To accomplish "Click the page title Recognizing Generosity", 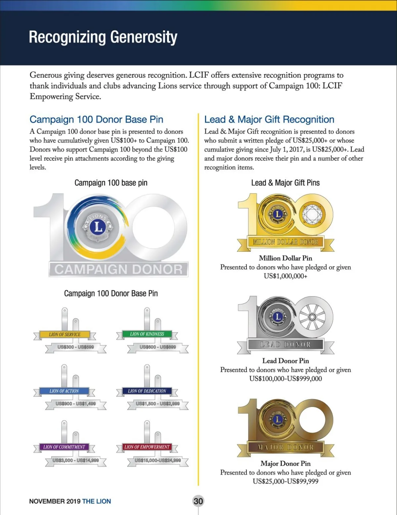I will pyautogui.click(x=103, y=37).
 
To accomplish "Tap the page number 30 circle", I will pyautogui.click(x=198, y=501).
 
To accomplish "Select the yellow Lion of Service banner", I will pyautogui.click(x=65, y=334).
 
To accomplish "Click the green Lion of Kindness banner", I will pyautogui.click(x=147, y=334).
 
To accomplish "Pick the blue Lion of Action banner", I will pyautogui.click(x=64, y=391).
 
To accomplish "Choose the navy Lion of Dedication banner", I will pyautogui.click(x=147, y=391).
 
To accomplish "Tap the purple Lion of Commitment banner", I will pyautogui.click(x=64, y=447).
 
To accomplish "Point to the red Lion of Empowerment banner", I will pyautogui.click(x=147, y=447).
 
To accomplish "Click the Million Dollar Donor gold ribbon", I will pyautogui.click(x=286, y=242).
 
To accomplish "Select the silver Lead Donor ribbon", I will pyautogui.click(x=286, y=345).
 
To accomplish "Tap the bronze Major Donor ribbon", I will pyautogui.click(x=286, y=447).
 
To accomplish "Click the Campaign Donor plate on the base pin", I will pyautogui.click(x=118, y=269).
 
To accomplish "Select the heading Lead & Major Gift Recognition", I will pyautogui.click(x=269, y=120).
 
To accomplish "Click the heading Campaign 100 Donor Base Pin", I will pyautogui.click(x=96, y=120).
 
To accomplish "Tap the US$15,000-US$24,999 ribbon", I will pyautogui.click(x=158, y=461).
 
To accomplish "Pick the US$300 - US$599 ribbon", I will pyautogui.click(x=76, y=347).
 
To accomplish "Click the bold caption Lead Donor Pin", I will pyautogui.click(x=286, y=361).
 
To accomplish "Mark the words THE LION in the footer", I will pyautogui.click(x=96, y=501).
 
